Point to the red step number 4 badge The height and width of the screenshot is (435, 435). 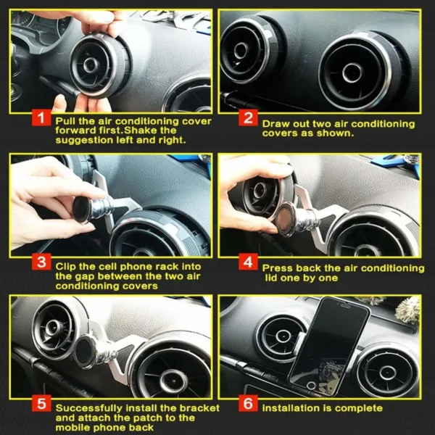click(249, 264)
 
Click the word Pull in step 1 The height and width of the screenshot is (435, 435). click(67, 120)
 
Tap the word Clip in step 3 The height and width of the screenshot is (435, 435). click(67, 266)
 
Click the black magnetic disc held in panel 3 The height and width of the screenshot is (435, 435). click(82, 210)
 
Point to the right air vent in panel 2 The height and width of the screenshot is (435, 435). click(352, 70)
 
